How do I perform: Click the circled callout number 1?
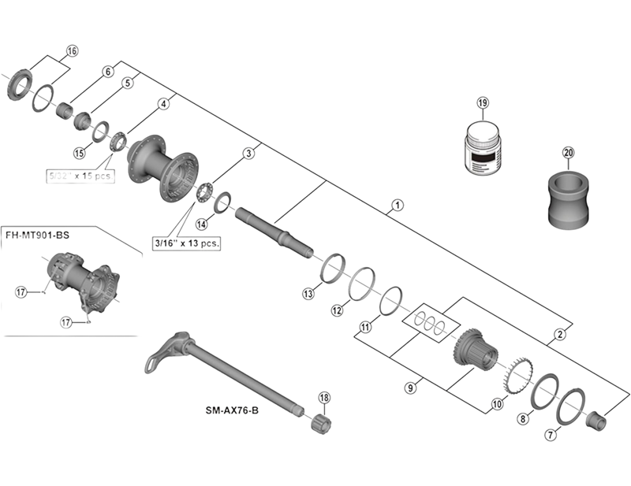(x=398, y=207)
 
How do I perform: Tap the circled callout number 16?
(x=73, y=52)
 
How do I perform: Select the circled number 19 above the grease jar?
(x=483, y=103)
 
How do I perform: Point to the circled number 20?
(x=568, y=152)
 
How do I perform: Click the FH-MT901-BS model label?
(x=38, y=233)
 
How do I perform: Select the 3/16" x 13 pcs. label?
(x=186, y=243)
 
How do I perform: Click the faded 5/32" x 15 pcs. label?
(x=82, y=176)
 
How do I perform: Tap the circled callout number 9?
(x=410, y=387)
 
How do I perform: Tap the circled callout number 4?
(x=164, y=103)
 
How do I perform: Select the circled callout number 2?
(x=559, y=334)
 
